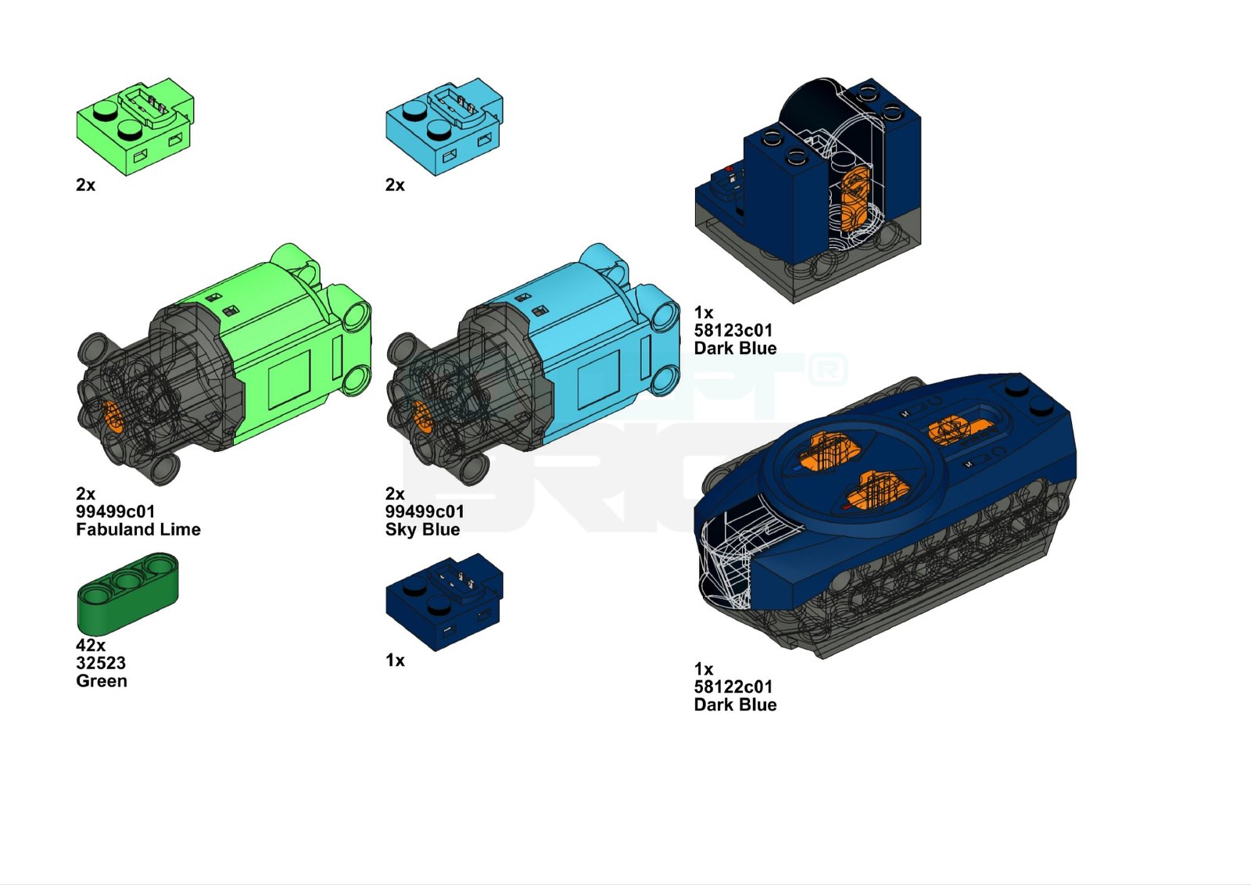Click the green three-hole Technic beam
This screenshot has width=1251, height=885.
[127, 593]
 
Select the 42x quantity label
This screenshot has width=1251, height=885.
[91, 645]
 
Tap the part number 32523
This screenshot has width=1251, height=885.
[101, 663]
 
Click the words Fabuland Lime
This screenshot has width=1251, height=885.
[138, 529]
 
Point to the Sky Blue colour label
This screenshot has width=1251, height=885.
[422, 529]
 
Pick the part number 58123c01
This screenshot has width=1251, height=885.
[733, 330]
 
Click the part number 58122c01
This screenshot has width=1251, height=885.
[733, 686]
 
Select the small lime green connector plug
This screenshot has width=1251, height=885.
[135, 126]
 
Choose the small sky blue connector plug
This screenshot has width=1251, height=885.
[444, 126]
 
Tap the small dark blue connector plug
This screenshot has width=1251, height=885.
[444, 602]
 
